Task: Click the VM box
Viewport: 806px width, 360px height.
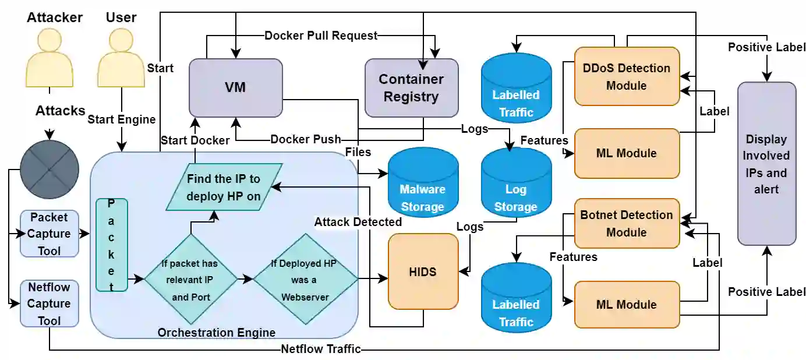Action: point(235,87)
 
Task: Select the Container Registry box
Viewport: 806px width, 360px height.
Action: point(411,87)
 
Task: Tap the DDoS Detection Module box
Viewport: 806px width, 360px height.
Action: point(627,76)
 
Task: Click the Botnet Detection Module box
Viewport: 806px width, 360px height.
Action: point(627,223)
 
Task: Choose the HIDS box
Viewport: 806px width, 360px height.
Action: point(423,271)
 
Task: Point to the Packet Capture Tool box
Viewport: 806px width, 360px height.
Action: point(50,234)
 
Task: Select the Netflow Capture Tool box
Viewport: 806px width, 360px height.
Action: point(50,303)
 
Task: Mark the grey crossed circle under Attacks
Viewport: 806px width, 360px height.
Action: point(50,169)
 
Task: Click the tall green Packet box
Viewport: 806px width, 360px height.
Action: point(111,245)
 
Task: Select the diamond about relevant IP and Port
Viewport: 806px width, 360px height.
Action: point(191,280)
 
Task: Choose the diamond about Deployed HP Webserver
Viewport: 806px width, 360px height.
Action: point(306,280)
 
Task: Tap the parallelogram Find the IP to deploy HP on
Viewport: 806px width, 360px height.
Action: point(224,187)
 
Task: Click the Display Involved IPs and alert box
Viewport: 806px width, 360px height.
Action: point(766,164)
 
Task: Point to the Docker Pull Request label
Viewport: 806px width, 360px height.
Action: point(321,36)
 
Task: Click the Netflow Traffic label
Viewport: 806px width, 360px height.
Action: point(321,350)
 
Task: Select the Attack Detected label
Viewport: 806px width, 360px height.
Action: point(358,222)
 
